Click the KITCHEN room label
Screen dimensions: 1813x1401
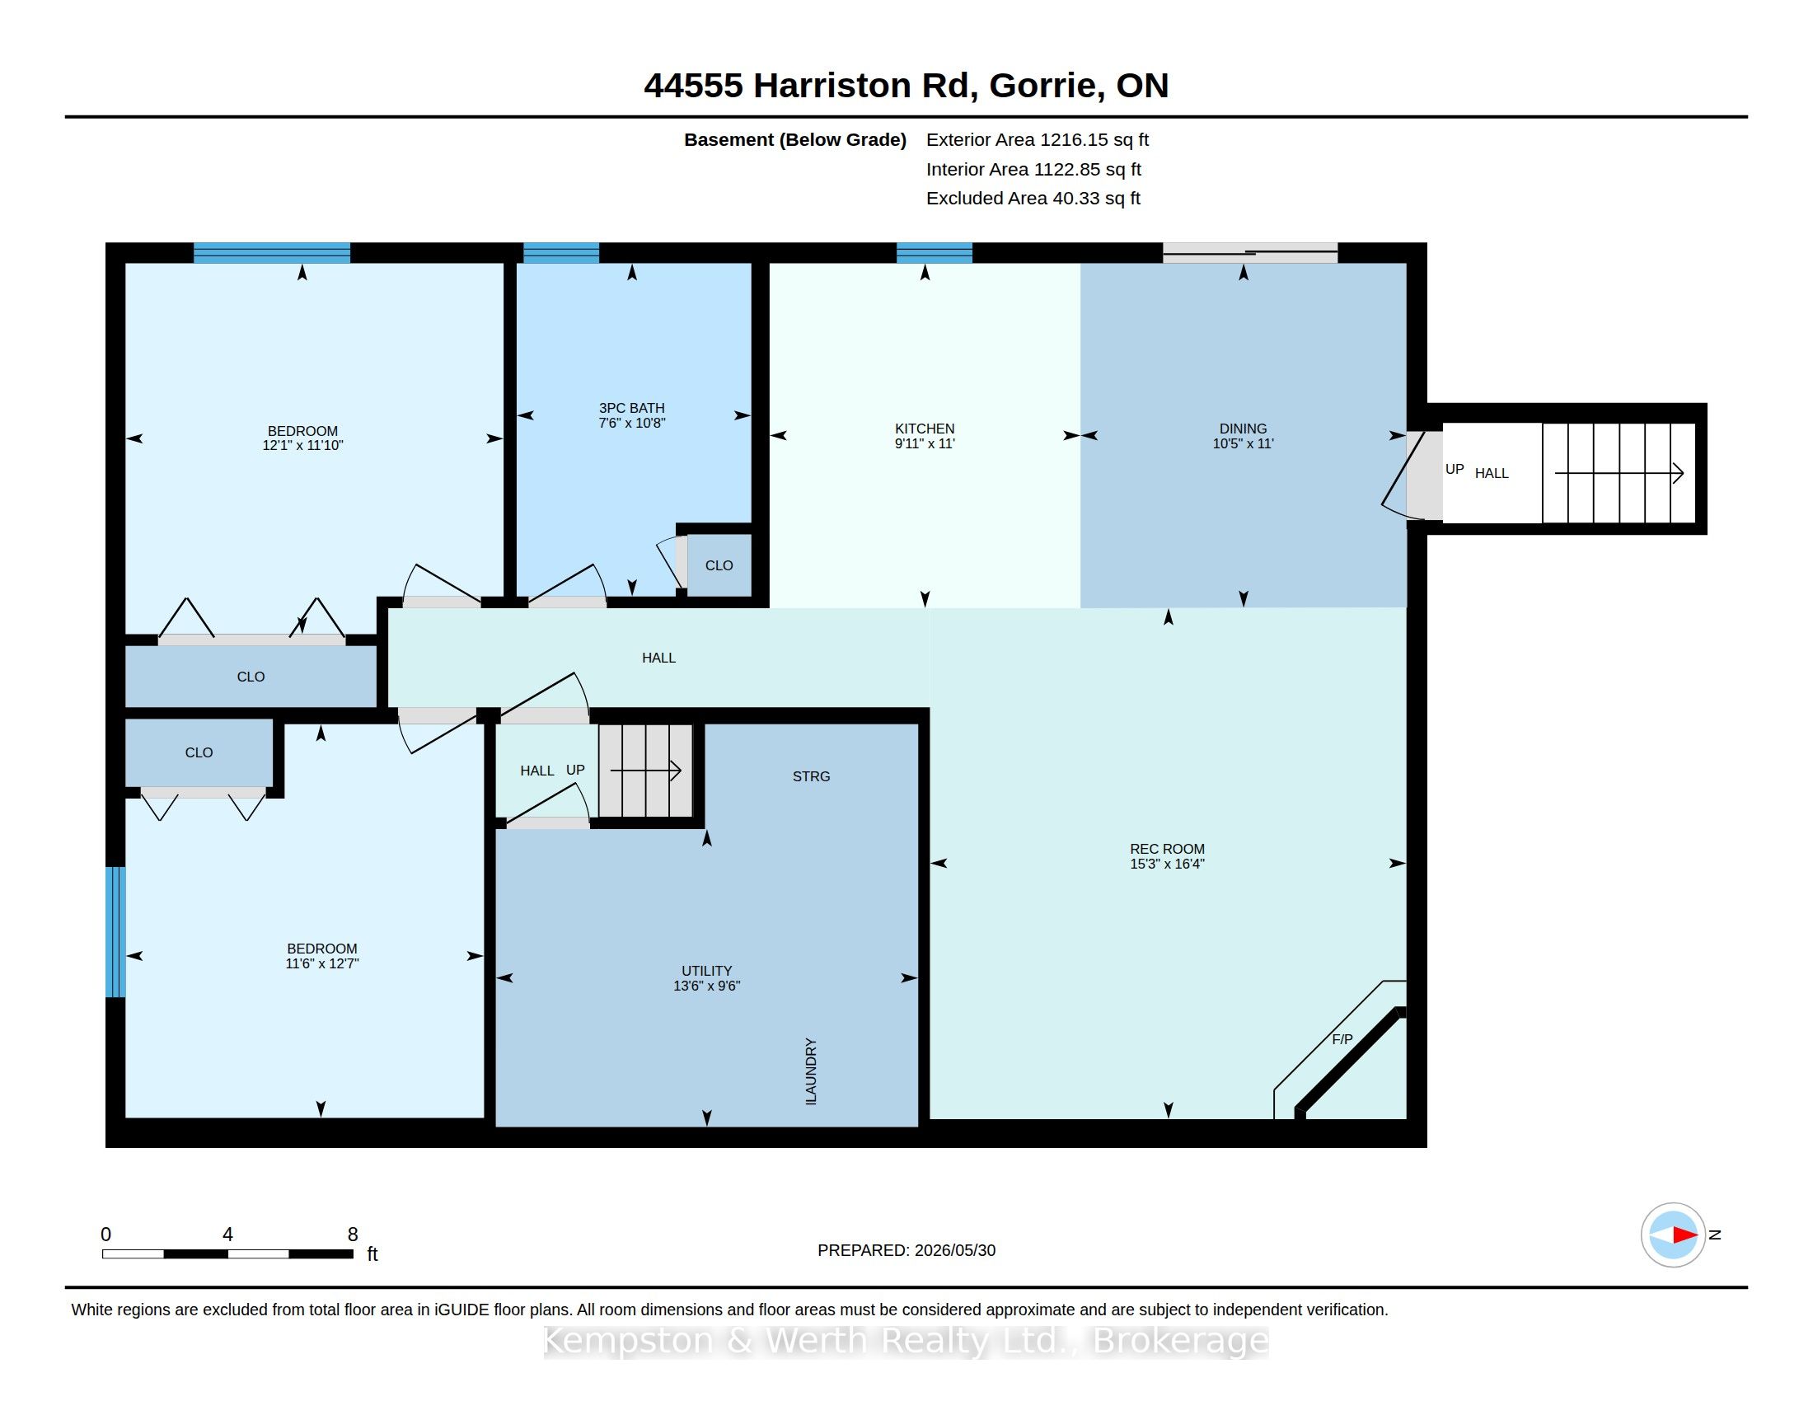[x=924, y=429]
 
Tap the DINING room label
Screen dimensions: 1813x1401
[x=1243, y=429]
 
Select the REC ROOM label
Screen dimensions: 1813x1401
[x=1167, y=848]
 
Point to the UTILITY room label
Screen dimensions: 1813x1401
[x=706, y=970]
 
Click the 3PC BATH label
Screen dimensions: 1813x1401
[x=632, y=407]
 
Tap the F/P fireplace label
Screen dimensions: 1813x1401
[x=1342, y=1039]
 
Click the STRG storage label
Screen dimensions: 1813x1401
[x=811, y=776]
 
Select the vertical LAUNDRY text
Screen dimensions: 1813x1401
[x=811, y=1071]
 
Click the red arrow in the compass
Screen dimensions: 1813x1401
[x=1685, y=1235]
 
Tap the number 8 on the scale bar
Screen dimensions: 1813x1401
[x=353, y=1235]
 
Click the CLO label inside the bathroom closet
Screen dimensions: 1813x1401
[x=719, y=565]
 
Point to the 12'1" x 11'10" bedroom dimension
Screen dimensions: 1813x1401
[x=302, y=445]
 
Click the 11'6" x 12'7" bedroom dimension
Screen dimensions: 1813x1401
[x=321, y=963]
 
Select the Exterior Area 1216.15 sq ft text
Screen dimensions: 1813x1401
[x=1038, y=139]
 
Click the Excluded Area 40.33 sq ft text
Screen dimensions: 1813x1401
[x=1033, y=199]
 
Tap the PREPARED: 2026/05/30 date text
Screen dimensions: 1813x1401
[x=906, y=1250]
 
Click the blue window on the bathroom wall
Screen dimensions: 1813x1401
[x=561, y=252]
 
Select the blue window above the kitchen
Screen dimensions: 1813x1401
[x=934, y=252]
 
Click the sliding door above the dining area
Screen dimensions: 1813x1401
[x=1250, y=252]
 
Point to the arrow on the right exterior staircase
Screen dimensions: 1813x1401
[x=1619, y=473]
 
